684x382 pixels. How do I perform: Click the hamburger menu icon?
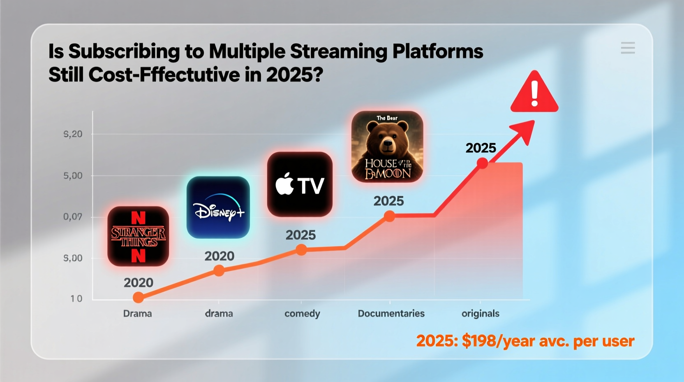(x=628, y=48)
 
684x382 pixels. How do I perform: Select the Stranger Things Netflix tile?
(x=138, y=236)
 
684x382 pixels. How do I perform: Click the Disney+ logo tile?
(x=218, y=207)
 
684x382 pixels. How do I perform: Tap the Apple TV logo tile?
(x=300, y=184)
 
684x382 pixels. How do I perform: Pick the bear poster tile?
(x=387, y=147)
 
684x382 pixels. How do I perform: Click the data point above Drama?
(x=139, y=297)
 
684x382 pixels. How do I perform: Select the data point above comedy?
(x=301, y=250)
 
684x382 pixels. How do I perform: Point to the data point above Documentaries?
(x=389, y=216)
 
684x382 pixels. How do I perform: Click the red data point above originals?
(x=482, y=164)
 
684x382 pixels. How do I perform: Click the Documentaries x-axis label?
(x=391, y=314)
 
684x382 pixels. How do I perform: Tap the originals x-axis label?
(x=480, y=314)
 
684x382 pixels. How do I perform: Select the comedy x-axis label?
(x=302, y=314)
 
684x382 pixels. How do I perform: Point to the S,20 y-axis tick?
(x=73, y=134)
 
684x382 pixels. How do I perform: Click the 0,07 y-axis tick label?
(x=73, y=217)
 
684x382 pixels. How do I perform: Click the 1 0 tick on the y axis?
(x=76, y=299)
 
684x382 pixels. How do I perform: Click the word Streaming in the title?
(x=338, y=52)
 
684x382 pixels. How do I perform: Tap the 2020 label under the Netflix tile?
(x=139, y=283)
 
